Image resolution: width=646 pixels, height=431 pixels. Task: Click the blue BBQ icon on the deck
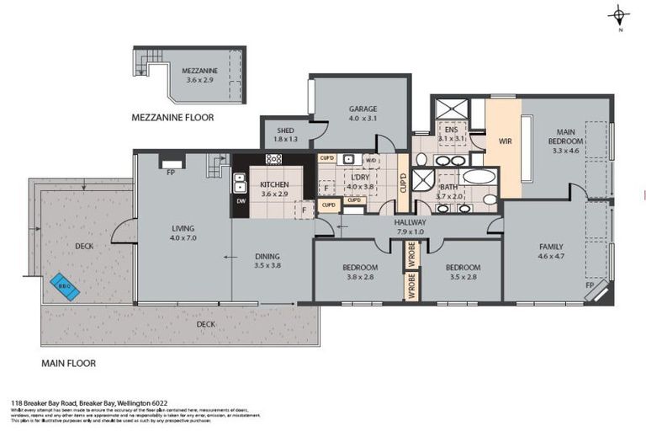[65, 286]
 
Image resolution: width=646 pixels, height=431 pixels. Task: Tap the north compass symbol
[620, 16]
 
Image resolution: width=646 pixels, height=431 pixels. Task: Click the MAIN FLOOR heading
[69, 364]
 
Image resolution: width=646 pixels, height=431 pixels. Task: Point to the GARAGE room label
[363, 109]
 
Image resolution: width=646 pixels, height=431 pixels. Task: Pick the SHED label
[286, 130]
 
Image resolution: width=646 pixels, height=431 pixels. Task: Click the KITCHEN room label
[275, 184]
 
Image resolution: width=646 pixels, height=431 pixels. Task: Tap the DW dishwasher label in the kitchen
[241, 202]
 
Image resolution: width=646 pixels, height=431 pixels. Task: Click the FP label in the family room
[590, 287]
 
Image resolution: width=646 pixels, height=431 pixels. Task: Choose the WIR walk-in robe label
[505, 141]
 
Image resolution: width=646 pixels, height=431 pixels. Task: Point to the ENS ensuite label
[451, 130]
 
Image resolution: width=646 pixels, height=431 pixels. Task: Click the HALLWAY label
[410, 222]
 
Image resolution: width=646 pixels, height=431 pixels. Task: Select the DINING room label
[267, 257]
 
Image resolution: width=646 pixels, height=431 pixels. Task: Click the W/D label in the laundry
[371, 159]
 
